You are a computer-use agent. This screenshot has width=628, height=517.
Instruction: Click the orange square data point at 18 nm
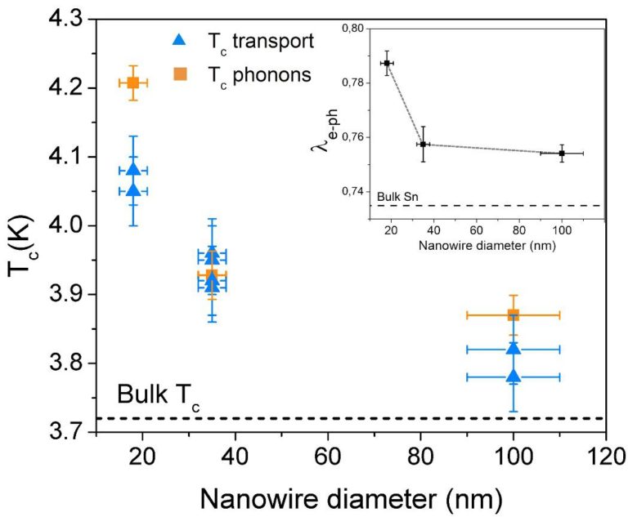132,82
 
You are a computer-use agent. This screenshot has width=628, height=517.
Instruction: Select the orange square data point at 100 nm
514,314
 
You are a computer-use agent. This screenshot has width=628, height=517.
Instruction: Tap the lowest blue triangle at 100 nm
514,376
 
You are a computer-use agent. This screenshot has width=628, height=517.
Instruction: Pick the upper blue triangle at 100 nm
514,348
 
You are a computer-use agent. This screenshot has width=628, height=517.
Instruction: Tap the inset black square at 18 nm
387,63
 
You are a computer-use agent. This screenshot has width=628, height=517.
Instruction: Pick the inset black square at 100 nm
562,153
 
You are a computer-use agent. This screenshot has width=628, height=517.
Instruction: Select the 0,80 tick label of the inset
354,29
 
